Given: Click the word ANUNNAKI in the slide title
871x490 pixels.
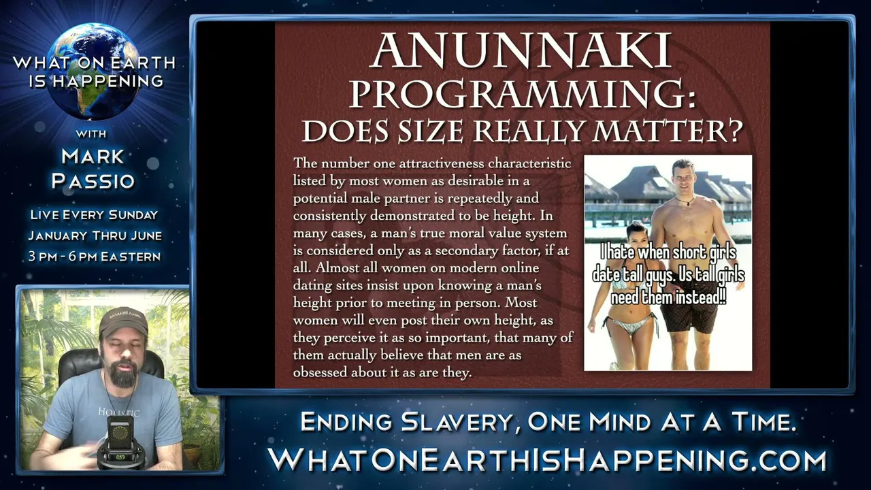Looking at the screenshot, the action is pyautogui.click(x=521, y=50).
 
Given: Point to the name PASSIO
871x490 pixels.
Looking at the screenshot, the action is pyautogui.click(x=93, y=181).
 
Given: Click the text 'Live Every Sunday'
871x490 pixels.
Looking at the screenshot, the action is pyautogui.click(x=94, y=214).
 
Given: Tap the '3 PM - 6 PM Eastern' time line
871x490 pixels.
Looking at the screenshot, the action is pyautogui.click(x=95, y=257).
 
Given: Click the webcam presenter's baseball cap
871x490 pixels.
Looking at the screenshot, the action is pyautogui.click(x=123, y=323).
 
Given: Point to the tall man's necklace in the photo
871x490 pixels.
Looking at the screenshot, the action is pyautogui.click(x=685, y=201).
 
